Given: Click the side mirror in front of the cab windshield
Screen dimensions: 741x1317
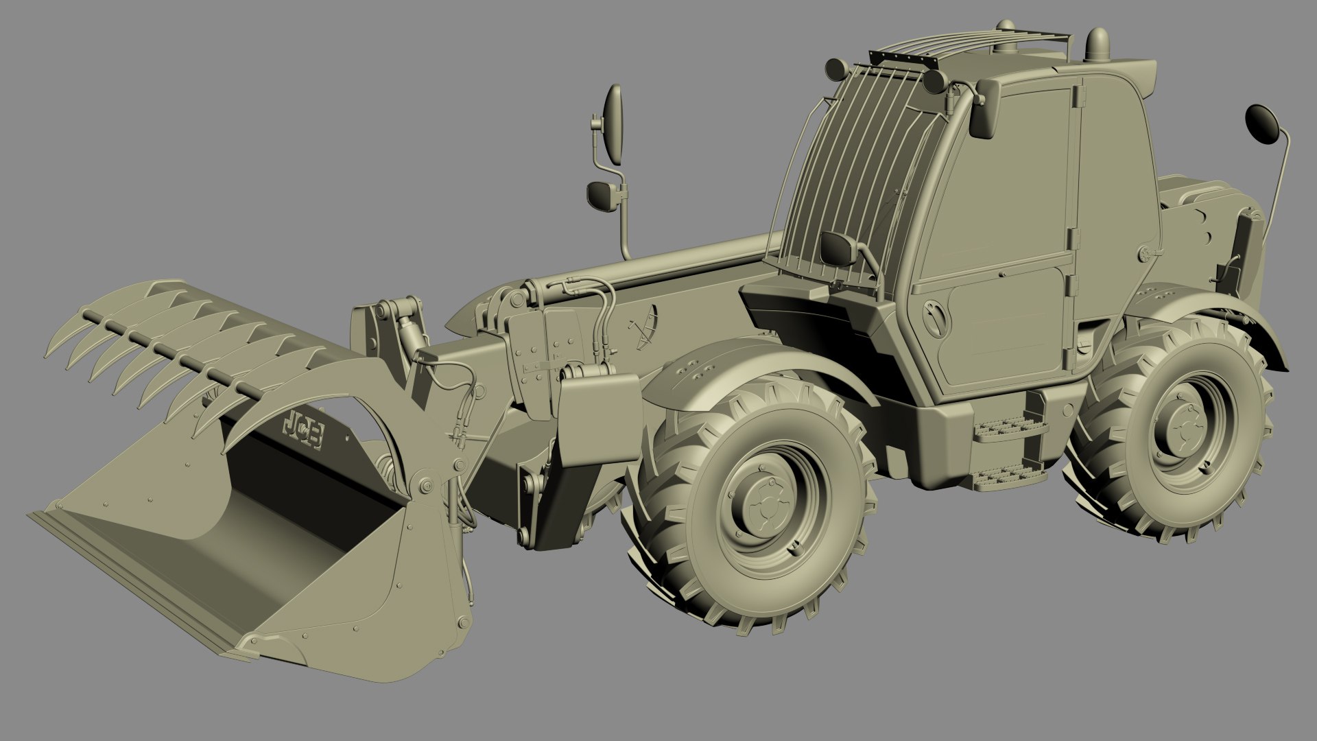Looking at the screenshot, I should tap(838, 248).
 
